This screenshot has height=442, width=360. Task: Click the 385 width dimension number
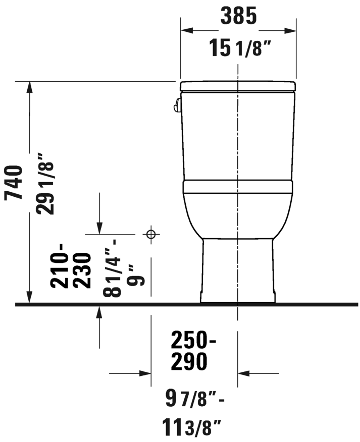pos(238,16)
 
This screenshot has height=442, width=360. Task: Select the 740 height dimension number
pos(13,183)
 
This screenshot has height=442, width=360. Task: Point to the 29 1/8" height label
pos(44,184)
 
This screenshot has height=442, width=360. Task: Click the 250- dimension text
pos(193,340)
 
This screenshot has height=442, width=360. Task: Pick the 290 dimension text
pos(189,362)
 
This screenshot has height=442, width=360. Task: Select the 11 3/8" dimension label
pos(191,427)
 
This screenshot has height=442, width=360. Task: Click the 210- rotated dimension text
pos(59,265)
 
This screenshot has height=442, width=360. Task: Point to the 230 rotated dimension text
pos(82,270)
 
